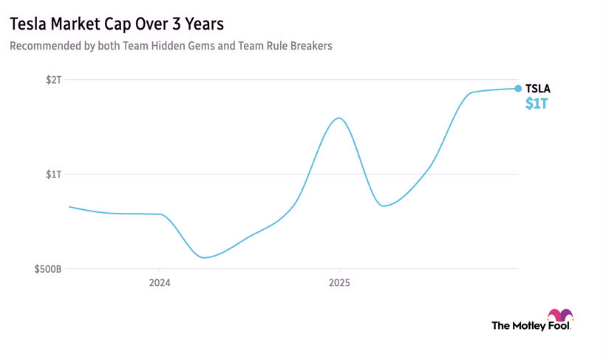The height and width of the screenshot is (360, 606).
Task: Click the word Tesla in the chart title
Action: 28,24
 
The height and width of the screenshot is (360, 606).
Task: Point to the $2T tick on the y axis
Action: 53,79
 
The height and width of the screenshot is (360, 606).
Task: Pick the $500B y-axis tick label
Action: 48,269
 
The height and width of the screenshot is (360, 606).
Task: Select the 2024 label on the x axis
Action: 160,282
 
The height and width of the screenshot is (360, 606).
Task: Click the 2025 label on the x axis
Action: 339,282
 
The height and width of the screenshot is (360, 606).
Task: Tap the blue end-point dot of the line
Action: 518,88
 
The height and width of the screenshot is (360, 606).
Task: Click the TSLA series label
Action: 537,89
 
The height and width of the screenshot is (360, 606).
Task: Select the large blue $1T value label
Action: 537,104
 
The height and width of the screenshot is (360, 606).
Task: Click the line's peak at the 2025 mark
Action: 338,118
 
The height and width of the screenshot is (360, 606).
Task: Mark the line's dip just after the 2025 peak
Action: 384,206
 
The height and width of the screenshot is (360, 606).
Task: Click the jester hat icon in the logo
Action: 560,316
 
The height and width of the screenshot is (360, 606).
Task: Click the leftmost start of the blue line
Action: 69,206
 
